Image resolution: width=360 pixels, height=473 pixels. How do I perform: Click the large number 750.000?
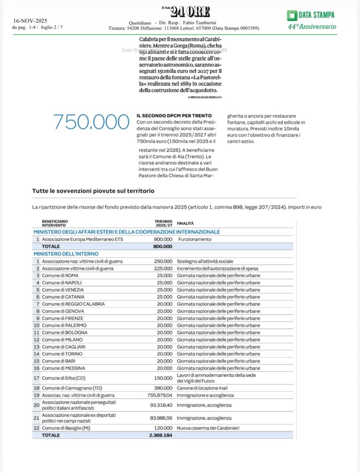click(91, 122)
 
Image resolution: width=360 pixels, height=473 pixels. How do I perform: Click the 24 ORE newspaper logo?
click(186, 12)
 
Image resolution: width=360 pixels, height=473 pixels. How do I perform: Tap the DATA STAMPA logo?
click(311, 15)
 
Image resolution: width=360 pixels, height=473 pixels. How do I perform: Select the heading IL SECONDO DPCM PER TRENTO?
click(174, 115)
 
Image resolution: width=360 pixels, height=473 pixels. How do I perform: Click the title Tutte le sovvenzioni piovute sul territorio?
click(93, 191)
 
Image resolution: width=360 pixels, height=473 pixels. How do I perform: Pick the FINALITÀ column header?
click(185, 223)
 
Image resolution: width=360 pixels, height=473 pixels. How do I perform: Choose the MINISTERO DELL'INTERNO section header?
click(66, 254)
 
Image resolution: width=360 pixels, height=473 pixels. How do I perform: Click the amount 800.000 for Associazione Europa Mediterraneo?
click(163, 239)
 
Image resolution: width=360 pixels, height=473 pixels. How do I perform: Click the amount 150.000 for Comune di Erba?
click(163, 378)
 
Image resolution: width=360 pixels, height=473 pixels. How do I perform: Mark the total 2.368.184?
click(159, 435)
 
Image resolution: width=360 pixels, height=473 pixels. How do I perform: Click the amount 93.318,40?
click(161, 405)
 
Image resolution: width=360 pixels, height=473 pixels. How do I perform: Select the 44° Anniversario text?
click(312, 27)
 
